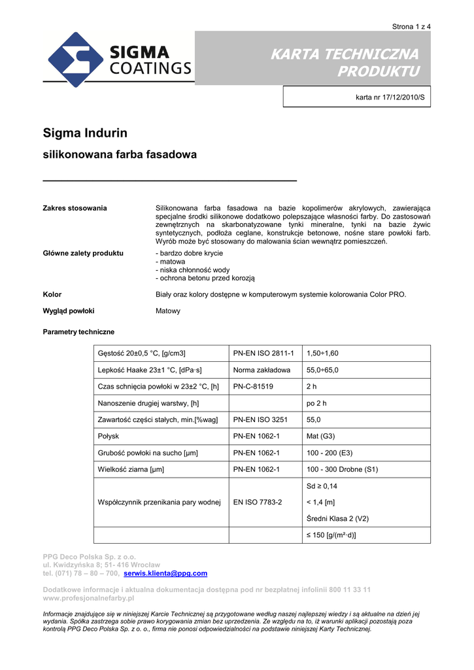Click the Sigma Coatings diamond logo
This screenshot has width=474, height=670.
coord(74,60)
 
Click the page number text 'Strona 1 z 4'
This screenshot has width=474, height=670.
coord(411,27)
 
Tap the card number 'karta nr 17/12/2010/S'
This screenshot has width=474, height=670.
coord(390,97)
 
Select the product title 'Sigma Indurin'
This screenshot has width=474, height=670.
coord(85,133)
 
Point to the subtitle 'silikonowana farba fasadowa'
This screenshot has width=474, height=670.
coord(120,155)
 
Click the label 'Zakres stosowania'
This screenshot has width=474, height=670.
coord(75,208)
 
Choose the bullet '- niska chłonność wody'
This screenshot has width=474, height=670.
coord(192,270)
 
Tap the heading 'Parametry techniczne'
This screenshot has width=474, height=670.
coord(78,332)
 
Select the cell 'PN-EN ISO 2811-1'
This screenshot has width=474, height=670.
coord(263,353)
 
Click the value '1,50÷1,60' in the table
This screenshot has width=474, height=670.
coord(322,353)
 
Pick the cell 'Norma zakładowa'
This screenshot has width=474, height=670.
coord(262,370)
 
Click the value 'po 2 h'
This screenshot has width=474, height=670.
coord(316,403)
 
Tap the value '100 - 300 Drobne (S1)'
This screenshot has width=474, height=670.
coord(342,469)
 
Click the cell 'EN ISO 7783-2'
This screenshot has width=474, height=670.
coord(258,502)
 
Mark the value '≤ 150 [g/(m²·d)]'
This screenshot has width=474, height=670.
coord(331,535)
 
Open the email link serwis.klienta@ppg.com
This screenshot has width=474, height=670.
coord(165,573)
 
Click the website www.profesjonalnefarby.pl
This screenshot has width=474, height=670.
coord(88,598)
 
